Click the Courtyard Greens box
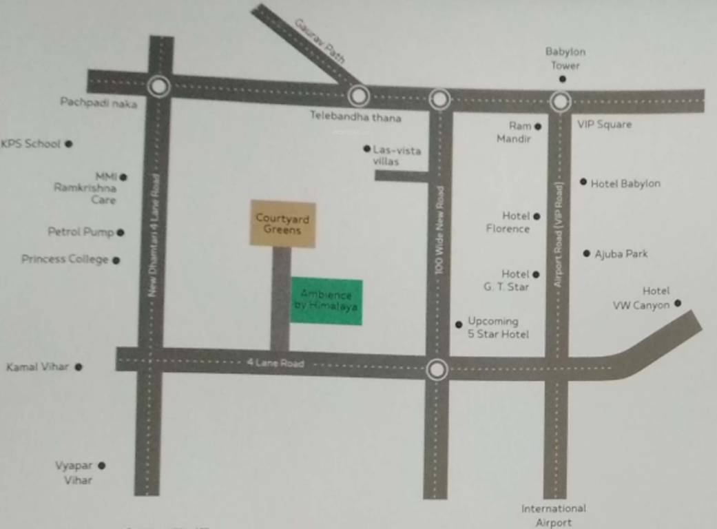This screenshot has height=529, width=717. click(x=282, y=224)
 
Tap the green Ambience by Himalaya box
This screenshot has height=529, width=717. click(x=326, y=301)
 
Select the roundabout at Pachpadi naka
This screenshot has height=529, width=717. click(x=159, y=87)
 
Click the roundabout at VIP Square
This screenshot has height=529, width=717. click(x=561, y=102)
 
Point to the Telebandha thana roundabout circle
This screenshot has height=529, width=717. click(x=358, y=96)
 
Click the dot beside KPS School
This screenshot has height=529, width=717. click(x=69, y=144)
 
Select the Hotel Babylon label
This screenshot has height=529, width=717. click(x=625, y=183)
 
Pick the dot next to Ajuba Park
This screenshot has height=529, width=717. click(x=587, y=253)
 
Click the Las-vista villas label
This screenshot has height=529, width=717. click(x=396, y=155)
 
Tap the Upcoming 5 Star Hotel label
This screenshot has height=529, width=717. click(x=498, y=327)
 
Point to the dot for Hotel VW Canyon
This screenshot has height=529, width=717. click(x=678, y=303)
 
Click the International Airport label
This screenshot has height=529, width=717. click(x=554, y=515)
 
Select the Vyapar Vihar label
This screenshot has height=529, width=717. click(x=74, y=473)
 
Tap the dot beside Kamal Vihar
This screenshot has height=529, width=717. click(x=79, y=367)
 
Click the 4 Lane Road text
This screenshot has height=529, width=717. click(x=276, y=363)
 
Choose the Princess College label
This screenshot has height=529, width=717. click(x=65, y=260)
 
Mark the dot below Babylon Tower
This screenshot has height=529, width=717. click(x=562, y=79)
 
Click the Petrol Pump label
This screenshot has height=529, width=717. click(x=81, y=232)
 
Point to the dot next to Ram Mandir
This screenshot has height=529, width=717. click(x=538, y=127)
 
